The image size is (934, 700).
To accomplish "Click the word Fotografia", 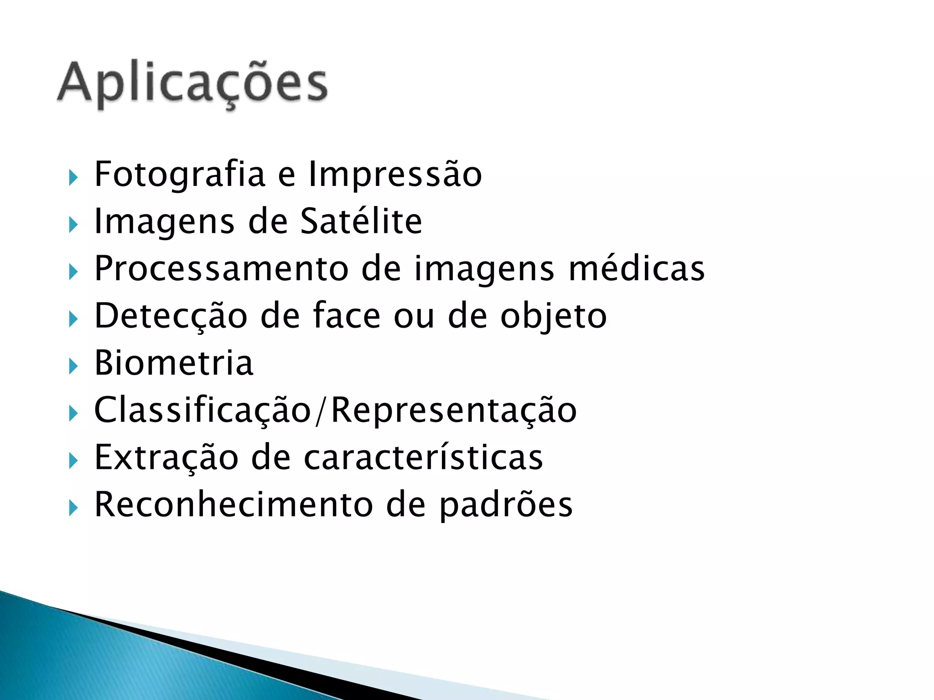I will coord(180,174).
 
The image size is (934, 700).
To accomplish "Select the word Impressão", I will coord(395,174).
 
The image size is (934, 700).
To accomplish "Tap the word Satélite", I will coord(361,221).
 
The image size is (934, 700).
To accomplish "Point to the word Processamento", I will coord(221,269).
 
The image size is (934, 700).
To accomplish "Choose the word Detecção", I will coord(171,316).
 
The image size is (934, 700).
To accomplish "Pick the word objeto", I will coord(553,316).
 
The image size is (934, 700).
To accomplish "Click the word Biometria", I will coord(173,363).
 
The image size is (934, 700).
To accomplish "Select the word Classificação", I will coord(202,410).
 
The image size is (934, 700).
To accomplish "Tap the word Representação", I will coord(454,410).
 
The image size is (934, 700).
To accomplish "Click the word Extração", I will coord(166,458).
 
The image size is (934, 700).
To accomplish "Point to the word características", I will coord(423,458).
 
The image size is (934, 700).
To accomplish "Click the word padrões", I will coord(506,504).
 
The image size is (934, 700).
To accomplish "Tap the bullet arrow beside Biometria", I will coord(73,366).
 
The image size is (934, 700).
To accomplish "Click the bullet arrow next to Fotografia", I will coord(73,177).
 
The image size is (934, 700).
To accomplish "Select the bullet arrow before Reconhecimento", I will coord(73,507).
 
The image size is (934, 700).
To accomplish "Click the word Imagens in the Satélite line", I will coord(164,221).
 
